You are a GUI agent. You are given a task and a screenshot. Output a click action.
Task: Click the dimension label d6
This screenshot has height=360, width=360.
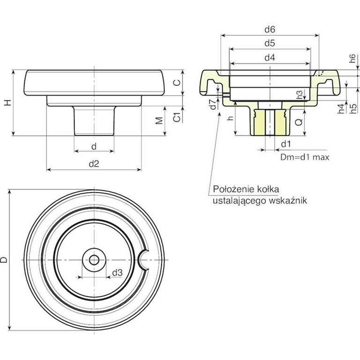tap(269, 29)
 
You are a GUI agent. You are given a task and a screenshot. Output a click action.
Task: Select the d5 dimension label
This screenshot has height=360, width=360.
tap(269, 43)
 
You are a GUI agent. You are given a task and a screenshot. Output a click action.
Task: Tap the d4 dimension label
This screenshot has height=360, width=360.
tap(269, 58)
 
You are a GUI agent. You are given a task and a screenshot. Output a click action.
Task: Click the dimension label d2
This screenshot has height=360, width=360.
tap(94, 164)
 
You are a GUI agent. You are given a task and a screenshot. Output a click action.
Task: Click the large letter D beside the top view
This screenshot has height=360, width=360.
tap(5, 260)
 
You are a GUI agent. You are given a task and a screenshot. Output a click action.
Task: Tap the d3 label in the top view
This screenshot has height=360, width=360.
tap(118, 272)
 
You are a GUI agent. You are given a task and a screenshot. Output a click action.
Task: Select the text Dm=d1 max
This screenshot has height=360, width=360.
tap(305, 157)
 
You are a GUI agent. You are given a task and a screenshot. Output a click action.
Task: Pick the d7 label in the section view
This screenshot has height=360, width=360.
tap(213, 105)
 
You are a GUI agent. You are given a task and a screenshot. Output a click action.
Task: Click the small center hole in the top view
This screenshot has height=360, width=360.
tap(94, 260)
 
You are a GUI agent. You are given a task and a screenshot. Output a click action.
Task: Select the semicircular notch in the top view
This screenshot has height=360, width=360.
tap(144, 260)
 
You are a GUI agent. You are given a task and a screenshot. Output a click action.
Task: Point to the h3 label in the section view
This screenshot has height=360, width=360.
tap(300, 94)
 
